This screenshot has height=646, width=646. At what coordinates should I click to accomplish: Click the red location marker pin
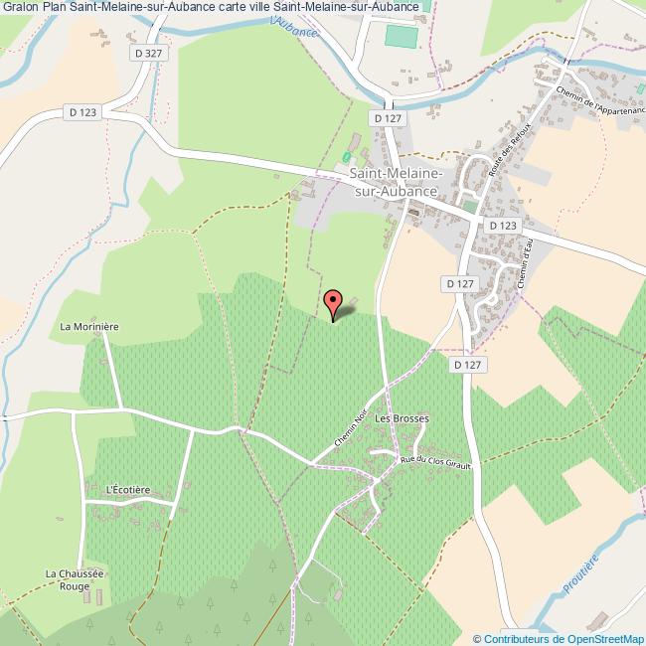click(335, 301)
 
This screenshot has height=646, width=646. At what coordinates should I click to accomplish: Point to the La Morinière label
click(88, 326)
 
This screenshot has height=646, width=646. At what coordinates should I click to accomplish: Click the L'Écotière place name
click(127, 489)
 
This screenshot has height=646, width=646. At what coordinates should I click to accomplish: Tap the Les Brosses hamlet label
click(402, 419)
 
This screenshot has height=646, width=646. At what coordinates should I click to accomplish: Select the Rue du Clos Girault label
click(433, 460)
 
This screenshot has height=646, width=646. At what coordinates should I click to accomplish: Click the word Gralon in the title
click(20, 7)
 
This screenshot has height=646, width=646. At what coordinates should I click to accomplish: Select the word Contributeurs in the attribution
click(517, 639)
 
